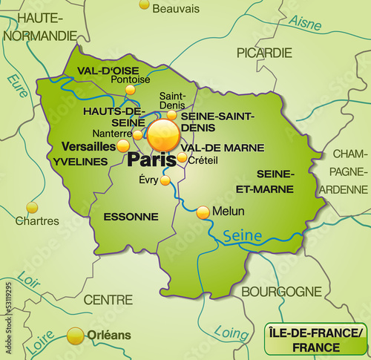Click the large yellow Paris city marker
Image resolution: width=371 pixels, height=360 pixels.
pos(163,136)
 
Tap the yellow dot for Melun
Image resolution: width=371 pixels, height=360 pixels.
pos(203,212)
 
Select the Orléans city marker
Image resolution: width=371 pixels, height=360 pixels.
pos(75,336)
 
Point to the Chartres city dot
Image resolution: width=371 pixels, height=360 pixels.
pos(31,207)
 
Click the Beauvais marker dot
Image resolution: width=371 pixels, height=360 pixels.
pos(144,4)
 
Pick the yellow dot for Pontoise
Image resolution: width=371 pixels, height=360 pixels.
pos(131,90)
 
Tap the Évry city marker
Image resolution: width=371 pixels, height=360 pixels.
pos(165,180)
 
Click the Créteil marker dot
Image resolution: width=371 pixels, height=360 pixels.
pos(183,157)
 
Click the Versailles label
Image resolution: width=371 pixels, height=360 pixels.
pos(89,146)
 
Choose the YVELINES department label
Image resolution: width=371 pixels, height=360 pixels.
pos(81,161)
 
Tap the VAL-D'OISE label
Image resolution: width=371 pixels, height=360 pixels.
pos(109,71)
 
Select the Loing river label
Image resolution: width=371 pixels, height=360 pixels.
pos(231,333)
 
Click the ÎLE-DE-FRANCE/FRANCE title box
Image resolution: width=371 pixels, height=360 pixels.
pos(315,339)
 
